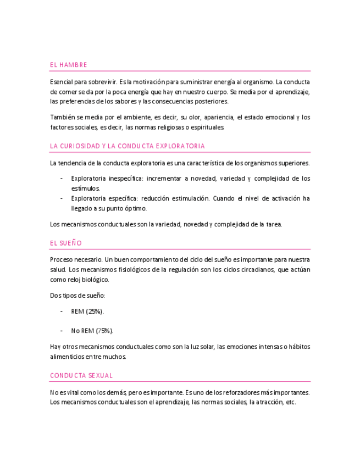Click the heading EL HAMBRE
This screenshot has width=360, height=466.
click(68, 65)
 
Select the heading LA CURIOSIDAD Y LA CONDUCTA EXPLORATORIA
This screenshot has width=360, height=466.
click(127, 146)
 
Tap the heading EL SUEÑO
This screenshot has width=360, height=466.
click(65, 242)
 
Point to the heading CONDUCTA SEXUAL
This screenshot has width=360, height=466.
click(81, 376)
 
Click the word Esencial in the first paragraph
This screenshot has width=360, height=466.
click(61, 82)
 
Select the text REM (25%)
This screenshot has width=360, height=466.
click(87, 312)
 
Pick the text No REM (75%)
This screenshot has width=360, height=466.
click(92, 331)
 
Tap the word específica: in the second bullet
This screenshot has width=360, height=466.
click(125, 198)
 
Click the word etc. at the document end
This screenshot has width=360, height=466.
click(291, 402)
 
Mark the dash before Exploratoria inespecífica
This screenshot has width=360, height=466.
click(60, 179)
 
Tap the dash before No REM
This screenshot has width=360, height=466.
click(60, 331)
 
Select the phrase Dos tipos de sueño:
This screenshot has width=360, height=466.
click(77, 296)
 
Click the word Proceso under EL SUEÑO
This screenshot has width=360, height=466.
click(61, 259)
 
